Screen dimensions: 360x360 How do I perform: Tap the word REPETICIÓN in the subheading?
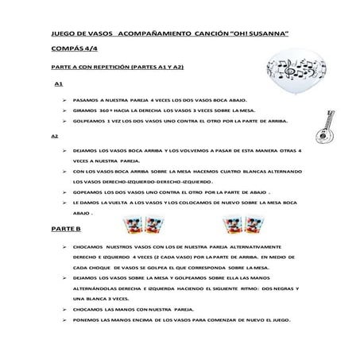click(134, 67)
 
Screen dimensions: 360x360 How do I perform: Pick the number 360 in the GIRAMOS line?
click(106, 110)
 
